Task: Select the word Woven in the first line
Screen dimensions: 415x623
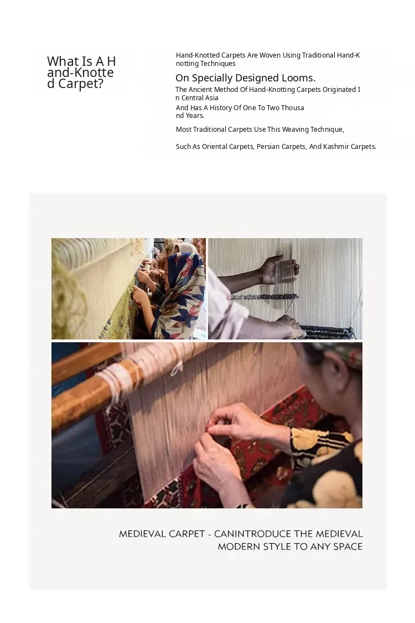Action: pyautogui.click(x=270, y=55)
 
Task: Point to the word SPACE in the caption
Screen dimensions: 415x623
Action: pyautogui.click(x=347, y=547)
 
